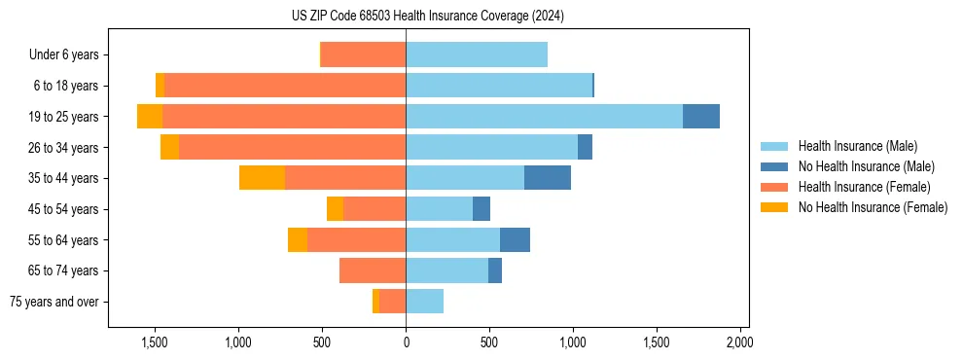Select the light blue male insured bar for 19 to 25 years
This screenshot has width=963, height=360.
[544, 116]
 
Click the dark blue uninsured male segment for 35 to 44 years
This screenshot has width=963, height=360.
[548, 178]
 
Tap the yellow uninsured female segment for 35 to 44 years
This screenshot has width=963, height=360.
[262, 178]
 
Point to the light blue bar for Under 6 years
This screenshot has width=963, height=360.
[477, 54]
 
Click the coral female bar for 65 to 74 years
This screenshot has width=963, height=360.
[373, 270]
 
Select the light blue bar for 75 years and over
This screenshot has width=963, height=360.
[424, 302]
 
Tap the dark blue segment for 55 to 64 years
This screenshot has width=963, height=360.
[515, 239]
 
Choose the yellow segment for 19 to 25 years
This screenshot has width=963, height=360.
[150, 116]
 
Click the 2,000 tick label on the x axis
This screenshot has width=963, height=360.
[739, 343]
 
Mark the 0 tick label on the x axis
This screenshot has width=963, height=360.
[406, 343]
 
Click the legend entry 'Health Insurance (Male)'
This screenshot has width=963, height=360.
[857, 146]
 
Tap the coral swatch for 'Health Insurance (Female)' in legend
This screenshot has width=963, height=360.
[774, 187]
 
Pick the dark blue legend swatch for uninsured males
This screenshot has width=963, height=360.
[774, 166]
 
